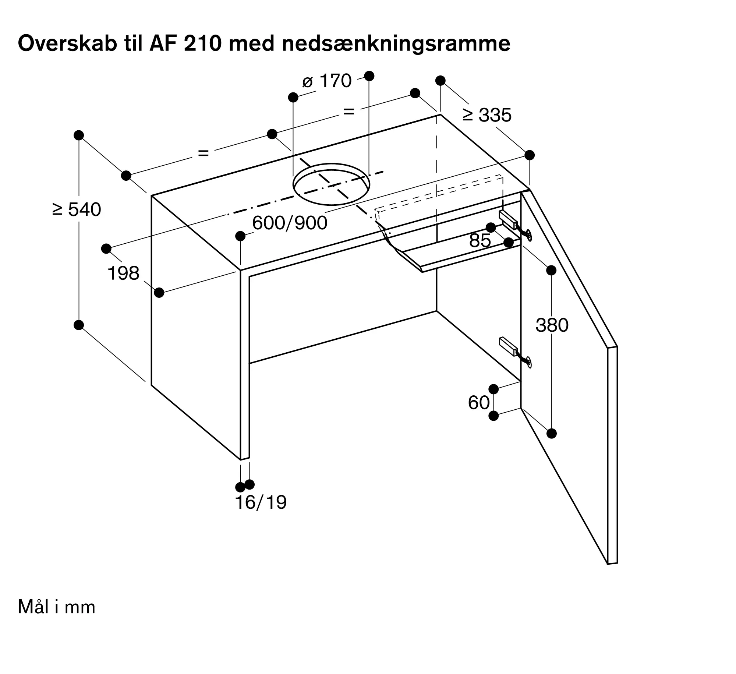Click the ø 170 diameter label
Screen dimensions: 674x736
click(327, 81)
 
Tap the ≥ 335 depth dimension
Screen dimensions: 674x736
click(487, 115)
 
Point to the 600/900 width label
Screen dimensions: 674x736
click(290, 223)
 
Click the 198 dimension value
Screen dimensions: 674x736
click(123, 274)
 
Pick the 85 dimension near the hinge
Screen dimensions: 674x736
click(480, 241)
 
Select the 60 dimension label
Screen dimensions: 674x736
click(479, 403)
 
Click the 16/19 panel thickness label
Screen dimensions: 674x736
click(261, 502)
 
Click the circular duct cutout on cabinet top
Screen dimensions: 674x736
click(331, 184)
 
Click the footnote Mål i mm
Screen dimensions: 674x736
click(57, 607)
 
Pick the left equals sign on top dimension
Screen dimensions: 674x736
click(204, 153)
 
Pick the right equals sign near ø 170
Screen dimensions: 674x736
click(348, 111)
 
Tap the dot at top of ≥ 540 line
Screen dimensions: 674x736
click(79, 135)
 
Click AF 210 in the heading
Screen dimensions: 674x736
click(185, 43)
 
